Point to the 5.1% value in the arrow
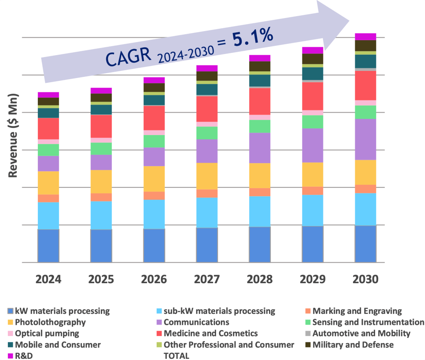[x=252, y=38]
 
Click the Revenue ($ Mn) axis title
[x=14, y=135]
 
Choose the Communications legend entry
[x=196, y=322]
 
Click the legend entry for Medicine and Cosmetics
[x=211, y=334]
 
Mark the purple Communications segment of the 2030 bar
[x=366, y=139]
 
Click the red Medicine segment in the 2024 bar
[x=48, y=128]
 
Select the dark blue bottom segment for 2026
[x=154, y=245]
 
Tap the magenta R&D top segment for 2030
[x=366, y=37]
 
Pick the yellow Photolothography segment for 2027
[x=207, y=176]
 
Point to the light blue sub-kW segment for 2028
[x=260, y=211]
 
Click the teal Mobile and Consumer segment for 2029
[x=313, y=74]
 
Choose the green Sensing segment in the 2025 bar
[x=101, y=148]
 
